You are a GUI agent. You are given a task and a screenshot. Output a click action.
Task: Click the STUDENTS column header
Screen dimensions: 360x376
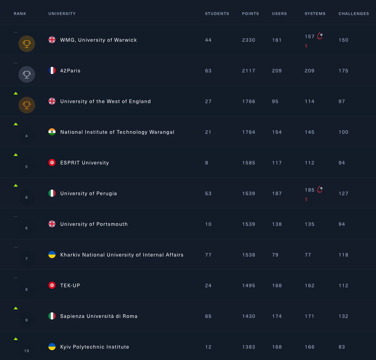point(217,14)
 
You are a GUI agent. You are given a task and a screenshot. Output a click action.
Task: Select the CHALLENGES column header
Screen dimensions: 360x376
point(354,14)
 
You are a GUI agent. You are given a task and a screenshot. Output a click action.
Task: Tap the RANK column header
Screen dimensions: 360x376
point(20,14)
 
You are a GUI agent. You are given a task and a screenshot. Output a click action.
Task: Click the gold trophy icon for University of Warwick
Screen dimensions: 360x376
point(27,44)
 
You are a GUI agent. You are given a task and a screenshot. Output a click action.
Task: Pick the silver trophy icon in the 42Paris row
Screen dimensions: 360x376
point(27,74)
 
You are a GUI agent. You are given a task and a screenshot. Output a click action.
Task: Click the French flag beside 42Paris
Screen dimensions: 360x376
point(52,71)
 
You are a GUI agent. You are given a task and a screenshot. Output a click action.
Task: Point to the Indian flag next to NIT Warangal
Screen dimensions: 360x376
point(52,132)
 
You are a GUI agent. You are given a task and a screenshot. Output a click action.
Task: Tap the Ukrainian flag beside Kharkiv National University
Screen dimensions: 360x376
point(52,255)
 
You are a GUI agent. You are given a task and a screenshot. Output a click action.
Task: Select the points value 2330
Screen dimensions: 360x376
point(249,40)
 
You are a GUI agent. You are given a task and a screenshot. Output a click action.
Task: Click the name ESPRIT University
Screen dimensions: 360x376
point(85,163)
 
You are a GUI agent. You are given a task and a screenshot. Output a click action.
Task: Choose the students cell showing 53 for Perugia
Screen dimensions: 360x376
point(208,194)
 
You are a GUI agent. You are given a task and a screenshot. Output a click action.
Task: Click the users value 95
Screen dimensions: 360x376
point(275,102)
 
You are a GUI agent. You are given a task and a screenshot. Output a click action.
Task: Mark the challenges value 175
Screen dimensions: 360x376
point(344,71)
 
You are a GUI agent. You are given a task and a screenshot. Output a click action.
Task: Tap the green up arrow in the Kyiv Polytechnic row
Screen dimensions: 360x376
point(16,339)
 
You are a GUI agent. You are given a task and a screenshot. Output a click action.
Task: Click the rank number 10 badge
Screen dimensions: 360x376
point(27,351)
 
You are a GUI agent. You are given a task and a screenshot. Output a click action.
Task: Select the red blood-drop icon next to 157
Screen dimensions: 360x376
point(320,36)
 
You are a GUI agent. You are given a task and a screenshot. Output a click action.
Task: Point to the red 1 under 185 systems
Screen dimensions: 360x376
point(306,199)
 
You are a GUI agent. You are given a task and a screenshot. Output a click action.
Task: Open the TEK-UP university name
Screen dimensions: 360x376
point(70,286)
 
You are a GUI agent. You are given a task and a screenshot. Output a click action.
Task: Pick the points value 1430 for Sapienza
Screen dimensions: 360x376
point(249,316)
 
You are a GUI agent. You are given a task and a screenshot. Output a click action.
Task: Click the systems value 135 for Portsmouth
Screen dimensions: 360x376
point(310,224)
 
